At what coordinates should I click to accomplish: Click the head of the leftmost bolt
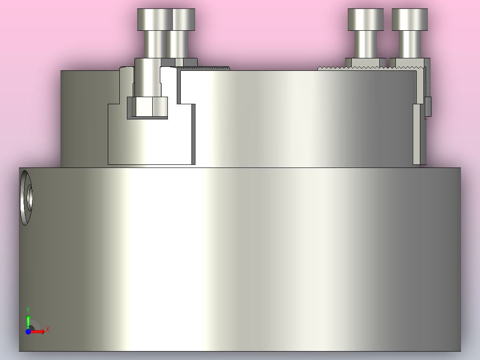coord(165,19)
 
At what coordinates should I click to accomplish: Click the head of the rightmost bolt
coord(410,19)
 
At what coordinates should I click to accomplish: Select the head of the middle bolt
coord(366,19)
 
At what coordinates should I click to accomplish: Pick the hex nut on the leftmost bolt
coord(147,107)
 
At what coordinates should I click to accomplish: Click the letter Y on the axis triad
coord(28,309)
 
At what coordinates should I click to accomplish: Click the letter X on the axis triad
coord(48,329)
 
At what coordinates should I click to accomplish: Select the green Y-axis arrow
coord(28,320)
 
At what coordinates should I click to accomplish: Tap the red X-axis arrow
coord(38,331)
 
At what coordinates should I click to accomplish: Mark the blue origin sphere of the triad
coord(28,331)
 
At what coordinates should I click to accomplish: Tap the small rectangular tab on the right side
coord(428,106)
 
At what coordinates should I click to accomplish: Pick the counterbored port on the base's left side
coord(26,198)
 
